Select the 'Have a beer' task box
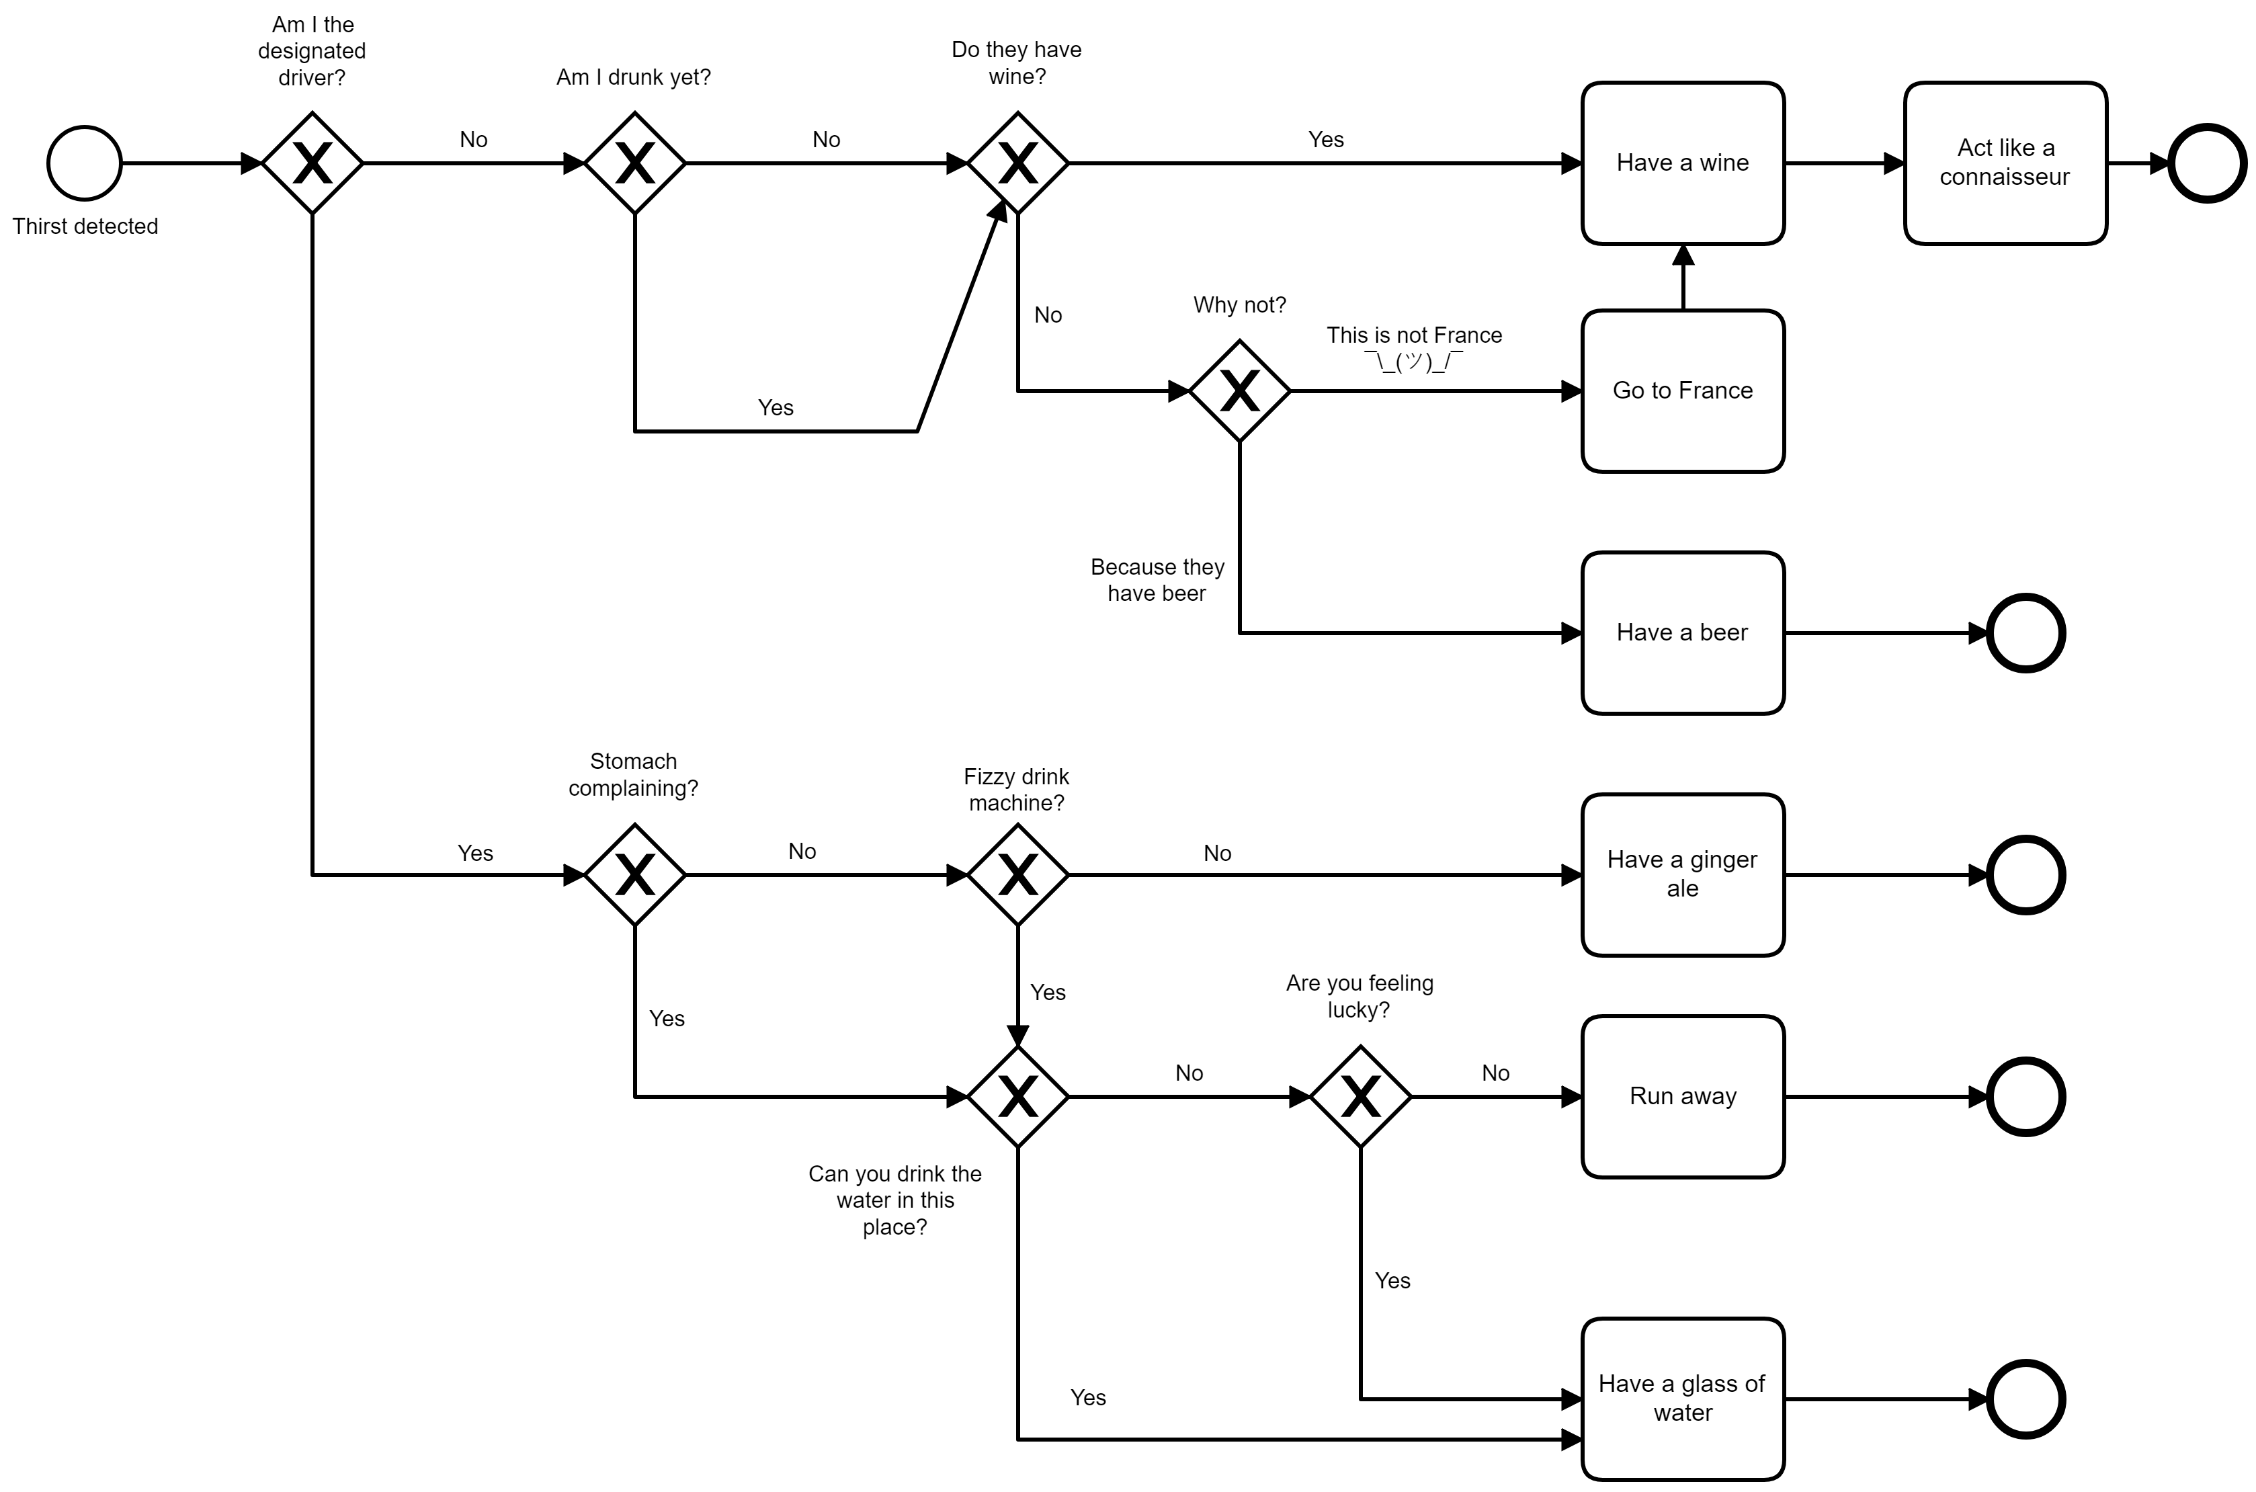coord(1682,633)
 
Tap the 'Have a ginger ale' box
coord(1682,874)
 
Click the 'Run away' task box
coord(1682,1096)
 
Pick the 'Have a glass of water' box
coord(1682,1398)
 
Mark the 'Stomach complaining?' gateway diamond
coord(634,874)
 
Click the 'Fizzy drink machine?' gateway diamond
coord(1017,874)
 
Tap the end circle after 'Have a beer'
coord(2025,633)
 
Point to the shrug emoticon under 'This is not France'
coord(1413,362)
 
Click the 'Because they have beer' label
coord(1157,579)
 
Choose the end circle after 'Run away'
coord(2025,1096)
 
